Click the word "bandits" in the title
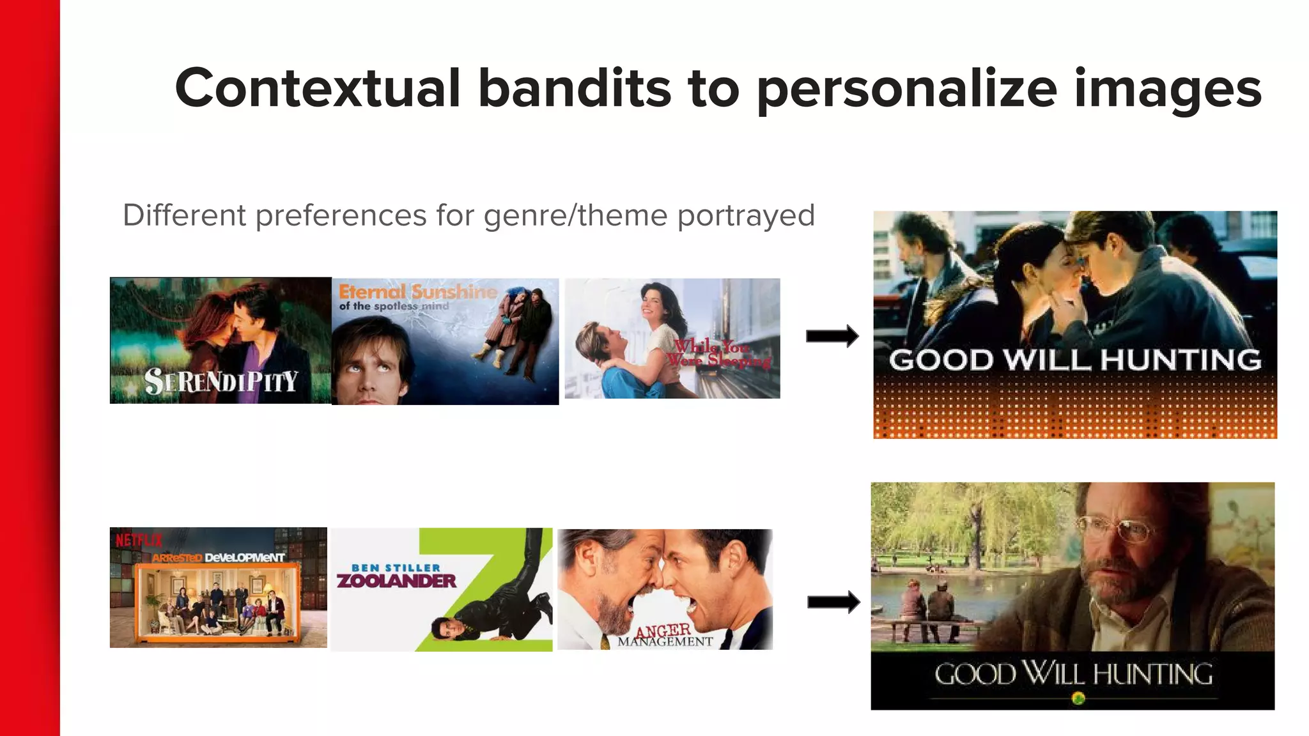(x=575, y=88)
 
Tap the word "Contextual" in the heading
(x=318, y=88)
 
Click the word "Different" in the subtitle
(x=184, y=215)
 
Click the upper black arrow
(x=832, y=336)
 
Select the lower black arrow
(x=833, y=602)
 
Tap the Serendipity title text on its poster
(x=221, y=381)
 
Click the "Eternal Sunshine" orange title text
(x=418, y=292)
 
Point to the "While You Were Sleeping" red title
(x=719, y=353)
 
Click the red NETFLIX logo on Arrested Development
(x=139, y=540)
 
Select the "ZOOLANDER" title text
(x=396, y=581)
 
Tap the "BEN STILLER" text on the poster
(x=396, y=567)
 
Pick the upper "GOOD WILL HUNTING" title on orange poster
(x=1075, y=360)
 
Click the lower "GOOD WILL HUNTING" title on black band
(x=1073, y=674)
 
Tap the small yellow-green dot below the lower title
(x=1078, y=698)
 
